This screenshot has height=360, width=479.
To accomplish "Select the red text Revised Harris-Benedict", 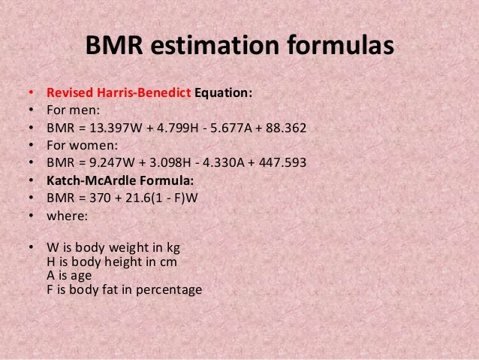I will pos(119,94).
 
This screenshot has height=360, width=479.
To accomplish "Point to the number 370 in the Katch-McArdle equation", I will pos(95,198).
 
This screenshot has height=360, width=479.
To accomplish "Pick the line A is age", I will pos(68,274).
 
